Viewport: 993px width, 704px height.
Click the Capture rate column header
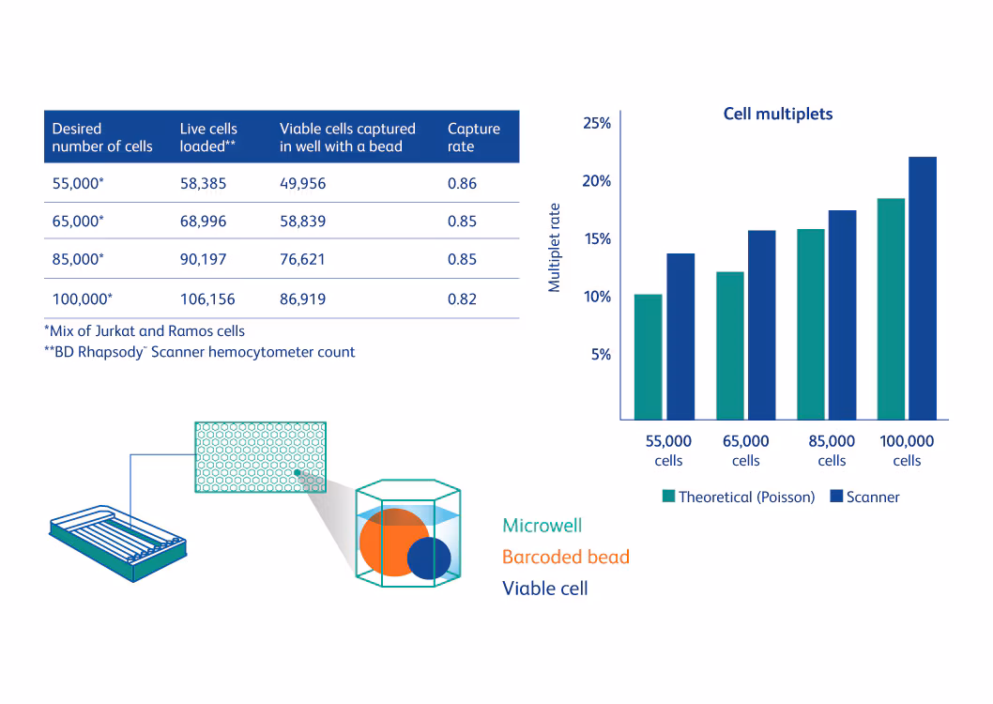(x=473, y=137)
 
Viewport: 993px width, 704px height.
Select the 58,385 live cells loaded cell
(x=203, y=184)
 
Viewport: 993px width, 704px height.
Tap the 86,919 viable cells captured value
(x=302, y=299)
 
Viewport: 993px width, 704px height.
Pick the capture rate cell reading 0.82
(x=462, y=299)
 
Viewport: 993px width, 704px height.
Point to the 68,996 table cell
(x=203, y=222)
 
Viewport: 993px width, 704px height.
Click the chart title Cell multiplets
(x=777, y=114)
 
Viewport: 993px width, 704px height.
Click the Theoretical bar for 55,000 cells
(x=648, y=357)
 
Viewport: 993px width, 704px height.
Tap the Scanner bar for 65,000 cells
(x=760, y=325)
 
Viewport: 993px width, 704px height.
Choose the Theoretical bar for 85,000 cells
(x=810, y=324)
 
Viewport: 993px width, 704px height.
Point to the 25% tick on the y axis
(x=596, y=123)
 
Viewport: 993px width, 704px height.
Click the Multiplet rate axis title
(x=555, y=248)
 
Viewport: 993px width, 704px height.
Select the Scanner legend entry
(x=864, y=497)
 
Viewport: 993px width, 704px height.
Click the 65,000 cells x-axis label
(x=745, y=451)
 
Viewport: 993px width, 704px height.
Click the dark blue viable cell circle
(x=429, y=558)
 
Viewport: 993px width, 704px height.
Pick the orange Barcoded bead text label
(x=565, y=557)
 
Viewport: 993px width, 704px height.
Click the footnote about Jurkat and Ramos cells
(x=145, y=330)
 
